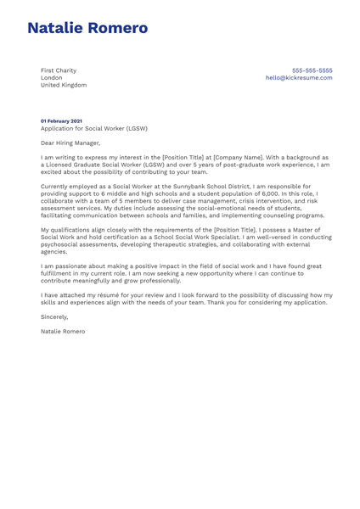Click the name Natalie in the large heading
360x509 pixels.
pos(59,28)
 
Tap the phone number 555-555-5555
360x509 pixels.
pos(312,70)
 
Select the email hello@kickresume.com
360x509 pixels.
pos(299,78)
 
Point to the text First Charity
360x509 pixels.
pos(59,70)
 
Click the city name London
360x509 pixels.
pos(52,78)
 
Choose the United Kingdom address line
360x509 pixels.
pos(64,85)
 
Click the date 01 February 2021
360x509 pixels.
pos(62,121)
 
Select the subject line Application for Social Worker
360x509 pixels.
pos(93,129)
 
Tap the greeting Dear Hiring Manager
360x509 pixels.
pos(70,143)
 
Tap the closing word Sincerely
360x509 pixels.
pos(57,316)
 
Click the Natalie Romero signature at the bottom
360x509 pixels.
pos(63,331)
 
